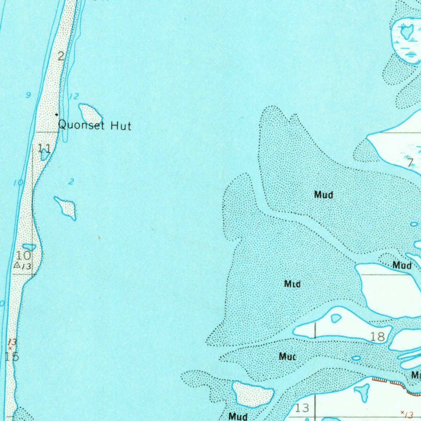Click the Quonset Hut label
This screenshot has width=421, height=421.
click(x=95, y=125)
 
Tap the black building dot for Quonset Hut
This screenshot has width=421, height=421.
click(x=57, y=114)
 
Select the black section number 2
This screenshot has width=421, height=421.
click(x=61, y=56)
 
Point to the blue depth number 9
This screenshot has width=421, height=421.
click(x=28, y=95)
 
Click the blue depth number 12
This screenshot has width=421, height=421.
click(x=74, y=97)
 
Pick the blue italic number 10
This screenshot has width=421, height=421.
click(x=19, y=183)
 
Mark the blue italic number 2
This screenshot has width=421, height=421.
click(x=71, y=181)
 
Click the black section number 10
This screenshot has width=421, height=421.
click(x=23, y=255)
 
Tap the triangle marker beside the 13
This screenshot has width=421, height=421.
click(x=17, y=265)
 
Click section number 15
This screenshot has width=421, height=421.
click(x=12, y=356)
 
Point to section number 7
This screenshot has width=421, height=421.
click(x=409, y=163)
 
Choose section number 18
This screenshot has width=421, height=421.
click(x=377, y=337)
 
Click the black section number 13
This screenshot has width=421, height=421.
click(x=302, y=408)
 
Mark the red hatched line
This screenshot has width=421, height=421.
click(x=391, y=382)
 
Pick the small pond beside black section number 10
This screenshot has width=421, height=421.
click(x=29, y=247)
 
